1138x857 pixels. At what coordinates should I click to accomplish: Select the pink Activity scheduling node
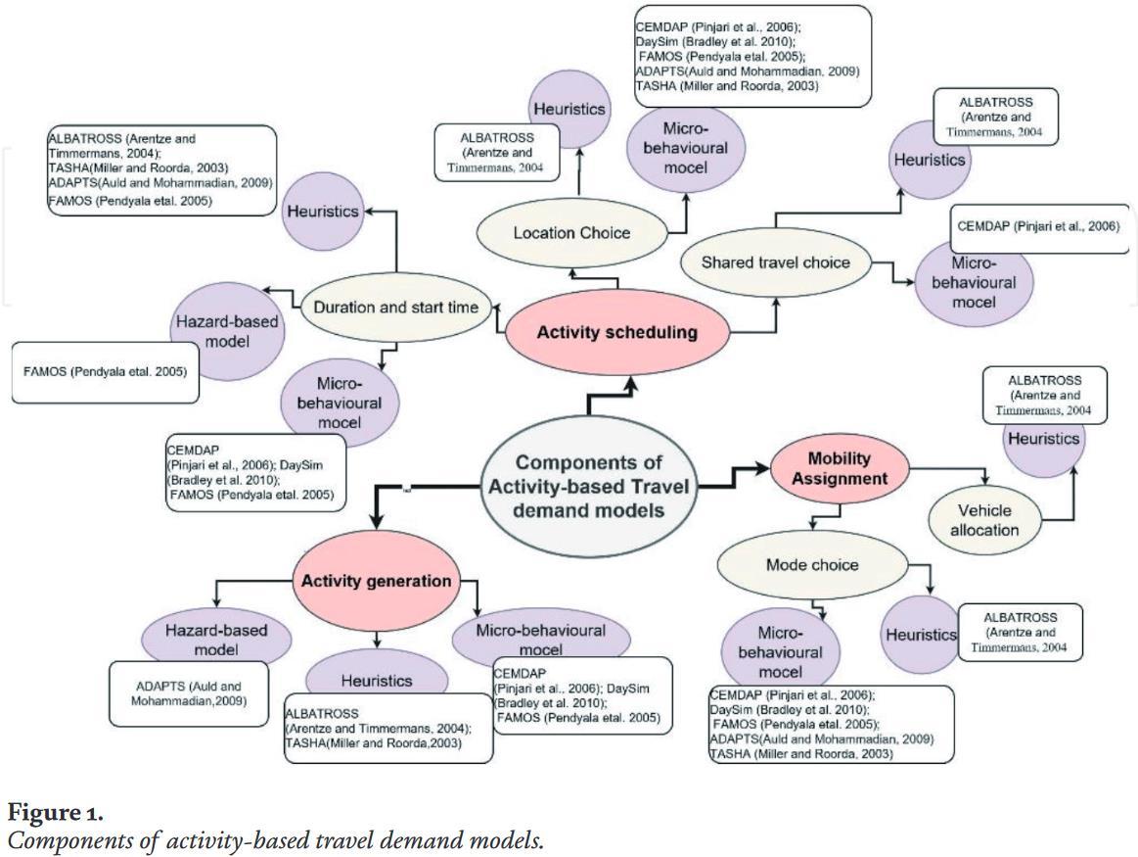tap(617, 333)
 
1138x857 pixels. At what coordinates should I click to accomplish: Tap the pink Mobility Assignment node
tap(839, 469)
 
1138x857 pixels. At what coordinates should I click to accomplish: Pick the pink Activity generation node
tap(376, 581)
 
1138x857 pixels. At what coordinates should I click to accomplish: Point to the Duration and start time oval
tap(395, 308)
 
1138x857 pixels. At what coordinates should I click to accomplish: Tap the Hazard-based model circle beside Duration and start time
tap(227, 331)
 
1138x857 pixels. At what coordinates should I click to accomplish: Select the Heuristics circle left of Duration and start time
tap(322, 212)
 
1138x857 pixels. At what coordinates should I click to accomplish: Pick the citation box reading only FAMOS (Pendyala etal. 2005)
tap(105, 372)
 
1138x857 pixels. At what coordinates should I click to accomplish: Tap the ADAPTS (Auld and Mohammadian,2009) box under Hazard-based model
tap(188, 693)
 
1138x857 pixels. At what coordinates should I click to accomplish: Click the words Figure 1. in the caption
tap(55, 812)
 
